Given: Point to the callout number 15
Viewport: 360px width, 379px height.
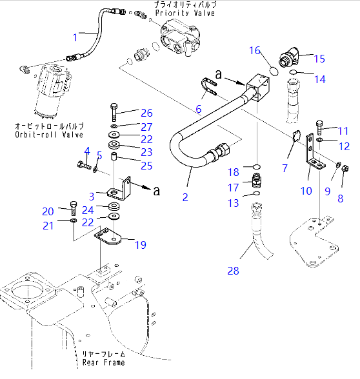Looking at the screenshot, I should pyautogui.click(x=319, y=59).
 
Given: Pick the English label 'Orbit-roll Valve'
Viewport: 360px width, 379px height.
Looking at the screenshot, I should pyautogui.click(x=41, y=135).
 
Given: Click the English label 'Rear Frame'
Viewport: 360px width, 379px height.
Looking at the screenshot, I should pyautogui.click(x=103, y=362).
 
